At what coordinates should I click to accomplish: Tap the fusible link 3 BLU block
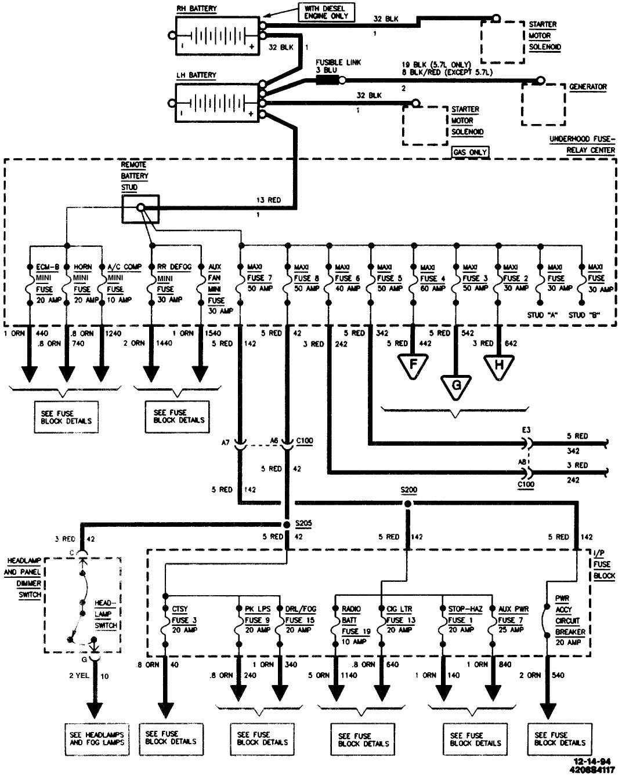click(x=327, y=80)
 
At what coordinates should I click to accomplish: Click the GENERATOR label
click(x=588, y=87)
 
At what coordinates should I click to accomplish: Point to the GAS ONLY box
click(x=470, y=152)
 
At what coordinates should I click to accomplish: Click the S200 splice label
click(x=408, y=490)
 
